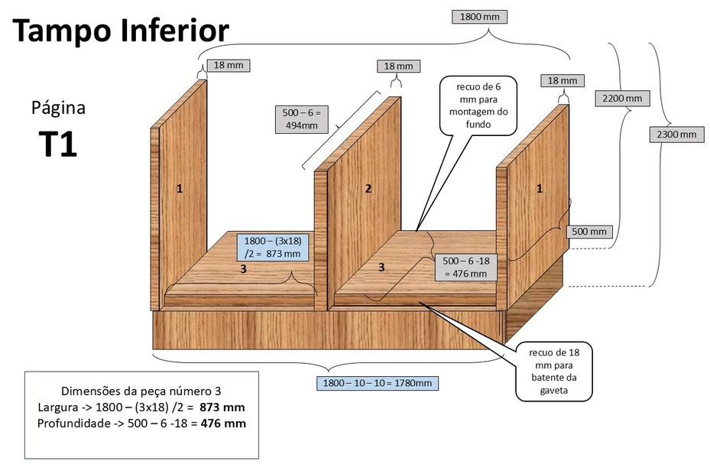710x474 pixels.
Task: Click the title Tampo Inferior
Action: tap(121, 31)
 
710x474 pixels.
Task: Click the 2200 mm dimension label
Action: tap(621, 98)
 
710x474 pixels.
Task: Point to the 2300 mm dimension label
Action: tap(676, 135)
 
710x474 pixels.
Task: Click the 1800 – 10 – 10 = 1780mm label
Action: tap(378, 382)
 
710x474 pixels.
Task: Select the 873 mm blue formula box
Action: tap(273, 247)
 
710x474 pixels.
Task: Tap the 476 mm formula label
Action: tap(465, 267)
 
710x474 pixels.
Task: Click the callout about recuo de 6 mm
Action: tap(477, 106)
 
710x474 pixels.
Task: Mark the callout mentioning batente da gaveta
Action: tap(554, 372)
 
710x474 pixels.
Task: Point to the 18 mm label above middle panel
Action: tap(398, 67)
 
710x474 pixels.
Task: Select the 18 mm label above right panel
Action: tap(562, 80)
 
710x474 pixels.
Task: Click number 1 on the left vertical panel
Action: tap(180, 188)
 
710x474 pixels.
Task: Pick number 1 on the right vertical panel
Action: tap(539, 188)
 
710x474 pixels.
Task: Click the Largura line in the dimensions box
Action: tap(141, 407)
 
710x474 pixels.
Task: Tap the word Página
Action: tap(58, 108)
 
